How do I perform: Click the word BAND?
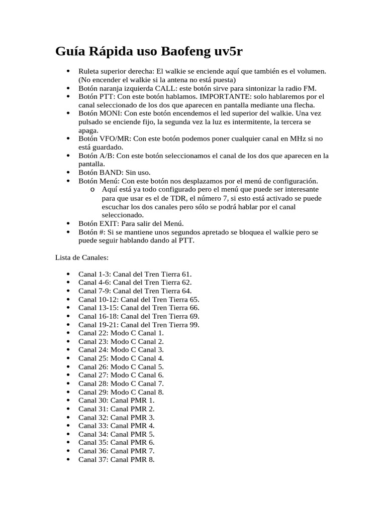pyautogui.click(x=111, y=172)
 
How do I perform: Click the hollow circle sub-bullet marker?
pyautogui.click(x=91, y=190)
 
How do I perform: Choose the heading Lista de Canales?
pyautogui.click(x=81, y=257)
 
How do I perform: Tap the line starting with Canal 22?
pyautogui.click(x=121, y=333)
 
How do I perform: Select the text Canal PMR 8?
pyautogui.click(x=133, y=459)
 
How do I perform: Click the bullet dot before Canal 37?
pyautogui.click(x=68, y=459)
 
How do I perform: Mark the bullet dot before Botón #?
pyautogui.click(x=68, y=232)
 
